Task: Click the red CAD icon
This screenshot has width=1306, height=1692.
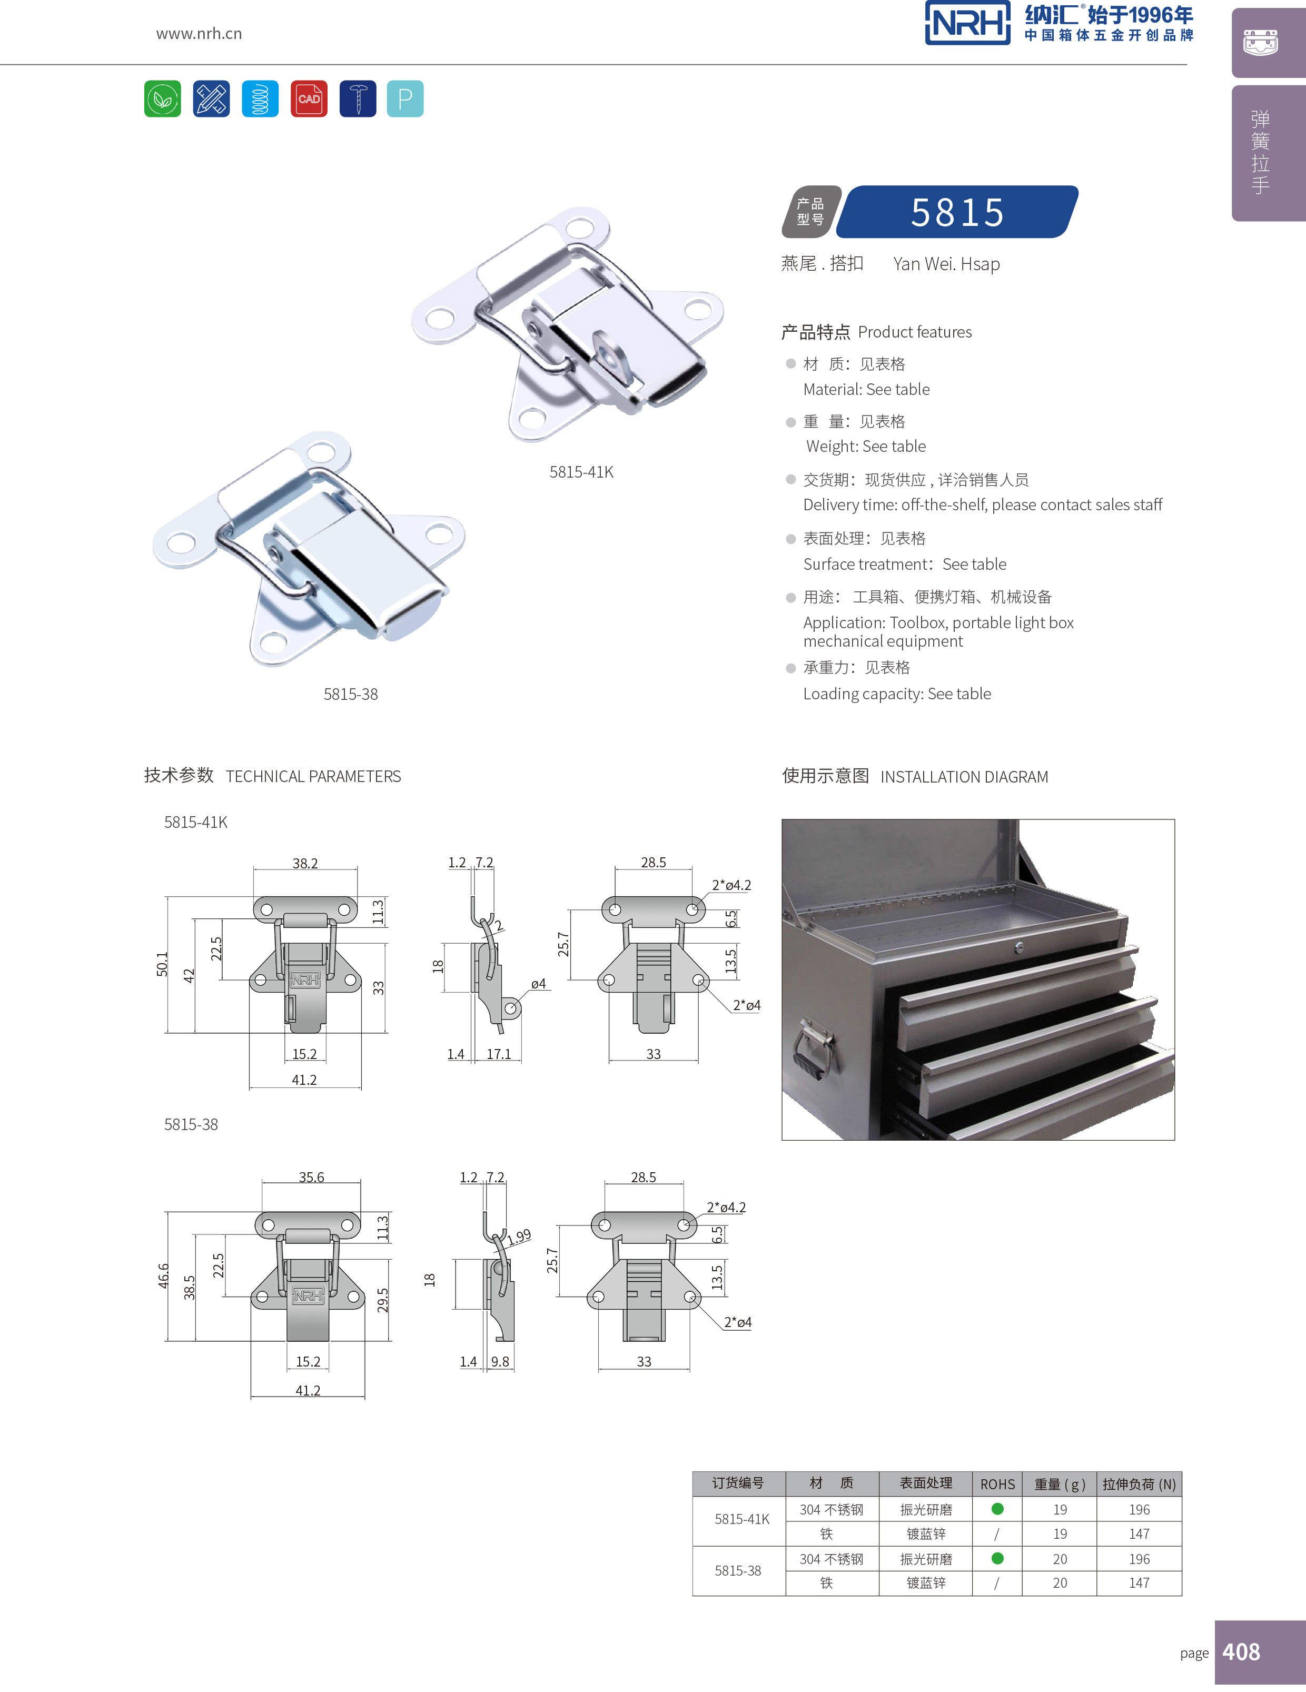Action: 308,98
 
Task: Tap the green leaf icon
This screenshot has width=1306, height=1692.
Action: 163,98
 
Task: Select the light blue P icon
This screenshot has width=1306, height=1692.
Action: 405,98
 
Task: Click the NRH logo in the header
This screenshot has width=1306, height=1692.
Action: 967,23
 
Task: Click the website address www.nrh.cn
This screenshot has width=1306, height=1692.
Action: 199,33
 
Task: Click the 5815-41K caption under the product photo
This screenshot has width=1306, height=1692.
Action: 581,472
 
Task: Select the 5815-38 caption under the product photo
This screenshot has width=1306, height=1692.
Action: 350,694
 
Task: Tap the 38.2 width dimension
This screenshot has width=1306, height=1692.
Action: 305,863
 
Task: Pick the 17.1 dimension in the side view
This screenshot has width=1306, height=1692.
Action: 499,1054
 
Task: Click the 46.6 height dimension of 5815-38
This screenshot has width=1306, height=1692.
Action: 163,1276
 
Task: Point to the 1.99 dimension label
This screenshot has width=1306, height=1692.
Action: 520,1235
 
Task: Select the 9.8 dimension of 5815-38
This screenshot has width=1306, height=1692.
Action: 500,1361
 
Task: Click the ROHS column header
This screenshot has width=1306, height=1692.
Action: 997,1483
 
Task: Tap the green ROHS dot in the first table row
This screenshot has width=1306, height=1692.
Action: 997,1508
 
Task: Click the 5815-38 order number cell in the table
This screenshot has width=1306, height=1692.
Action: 737,1570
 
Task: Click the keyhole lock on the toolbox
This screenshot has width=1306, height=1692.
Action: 1020,947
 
